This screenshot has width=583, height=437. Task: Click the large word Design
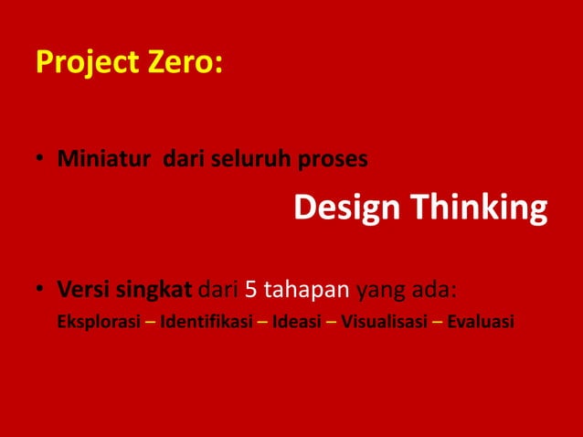point(346,208)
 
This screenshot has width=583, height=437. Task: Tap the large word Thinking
point(478,208)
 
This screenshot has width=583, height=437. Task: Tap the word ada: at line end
point(432,292)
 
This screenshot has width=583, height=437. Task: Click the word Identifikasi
point(206,322)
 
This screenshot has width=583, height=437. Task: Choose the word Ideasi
point(295,322)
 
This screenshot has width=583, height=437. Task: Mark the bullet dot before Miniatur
point(41,160)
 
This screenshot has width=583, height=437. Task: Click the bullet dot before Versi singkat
point(41,293)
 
